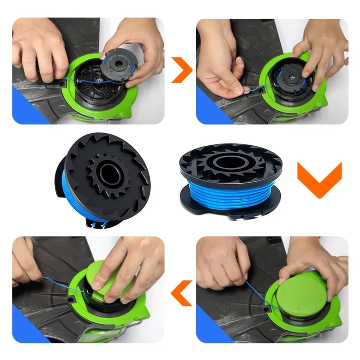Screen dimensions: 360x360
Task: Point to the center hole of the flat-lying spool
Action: (230, 161)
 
